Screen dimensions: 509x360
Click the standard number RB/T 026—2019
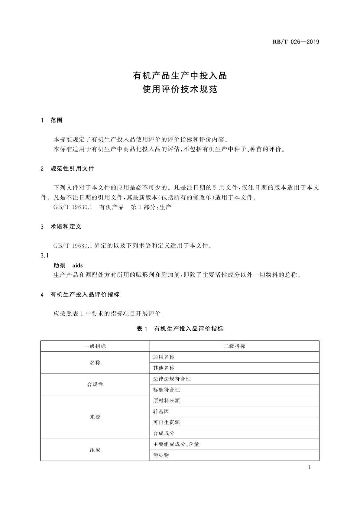(x=296, y=42)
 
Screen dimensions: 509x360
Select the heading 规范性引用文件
(x=72, y=169)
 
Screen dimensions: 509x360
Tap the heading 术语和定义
(x=66, y=227)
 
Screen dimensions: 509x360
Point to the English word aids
(x=77, y=265)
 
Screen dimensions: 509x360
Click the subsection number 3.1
(x=44, y=256)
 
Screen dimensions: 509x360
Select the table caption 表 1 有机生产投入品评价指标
(x=180, y=329)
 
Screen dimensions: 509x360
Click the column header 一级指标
(x=95, y=346)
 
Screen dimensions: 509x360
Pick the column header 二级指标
(x=234, y=346)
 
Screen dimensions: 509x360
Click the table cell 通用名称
(x=164, y=357)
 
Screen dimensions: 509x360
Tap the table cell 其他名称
(x=164, y=368)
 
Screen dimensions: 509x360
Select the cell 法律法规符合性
(x=172, y=379)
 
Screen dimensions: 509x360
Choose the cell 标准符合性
(x=167, y=390)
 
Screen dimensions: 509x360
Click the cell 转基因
(x=161, y=412)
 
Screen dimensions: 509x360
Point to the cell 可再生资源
(x=167, y=423)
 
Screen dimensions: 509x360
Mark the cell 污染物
(x=161, y=455)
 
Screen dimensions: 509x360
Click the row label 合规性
(x=95, y=384)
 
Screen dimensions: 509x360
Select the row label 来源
(x=95, y=417)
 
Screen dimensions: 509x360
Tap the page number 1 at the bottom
(x=310, y=467)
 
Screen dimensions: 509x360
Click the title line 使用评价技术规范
(x=180, y=90)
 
